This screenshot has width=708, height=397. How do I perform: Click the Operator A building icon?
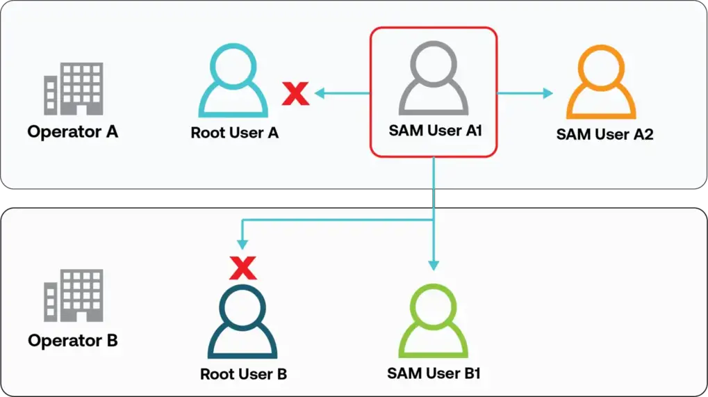coord(73,89)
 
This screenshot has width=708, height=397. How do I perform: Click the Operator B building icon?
coord(73,296)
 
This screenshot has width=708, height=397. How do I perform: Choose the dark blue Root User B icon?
coord(242,322)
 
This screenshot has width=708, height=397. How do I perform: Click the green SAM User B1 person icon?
coord(433,322)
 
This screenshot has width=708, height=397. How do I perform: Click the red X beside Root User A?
coord(295,92)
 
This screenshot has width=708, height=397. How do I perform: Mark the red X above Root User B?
coord(242,267)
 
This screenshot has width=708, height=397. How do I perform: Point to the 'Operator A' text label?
coord(73,131)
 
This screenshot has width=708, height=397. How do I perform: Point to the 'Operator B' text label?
coord(73,341)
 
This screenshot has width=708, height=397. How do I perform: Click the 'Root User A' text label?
coord(235,133)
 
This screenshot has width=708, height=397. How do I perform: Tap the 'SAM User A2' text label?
coord(604,134)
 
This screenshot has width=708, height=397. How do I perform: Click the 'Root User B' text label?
coord(243,374)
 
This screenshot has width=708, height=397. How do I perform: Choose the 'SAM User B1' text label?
coord(434,373)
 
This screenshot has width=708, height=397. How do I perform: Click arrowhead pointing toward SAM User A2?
coord(548,93)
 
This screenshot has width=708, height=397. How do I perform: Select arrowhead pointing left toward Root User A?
coord(320,92)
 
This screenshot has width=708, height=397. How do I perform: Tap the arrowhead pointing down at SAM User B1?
coord(434,264)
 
